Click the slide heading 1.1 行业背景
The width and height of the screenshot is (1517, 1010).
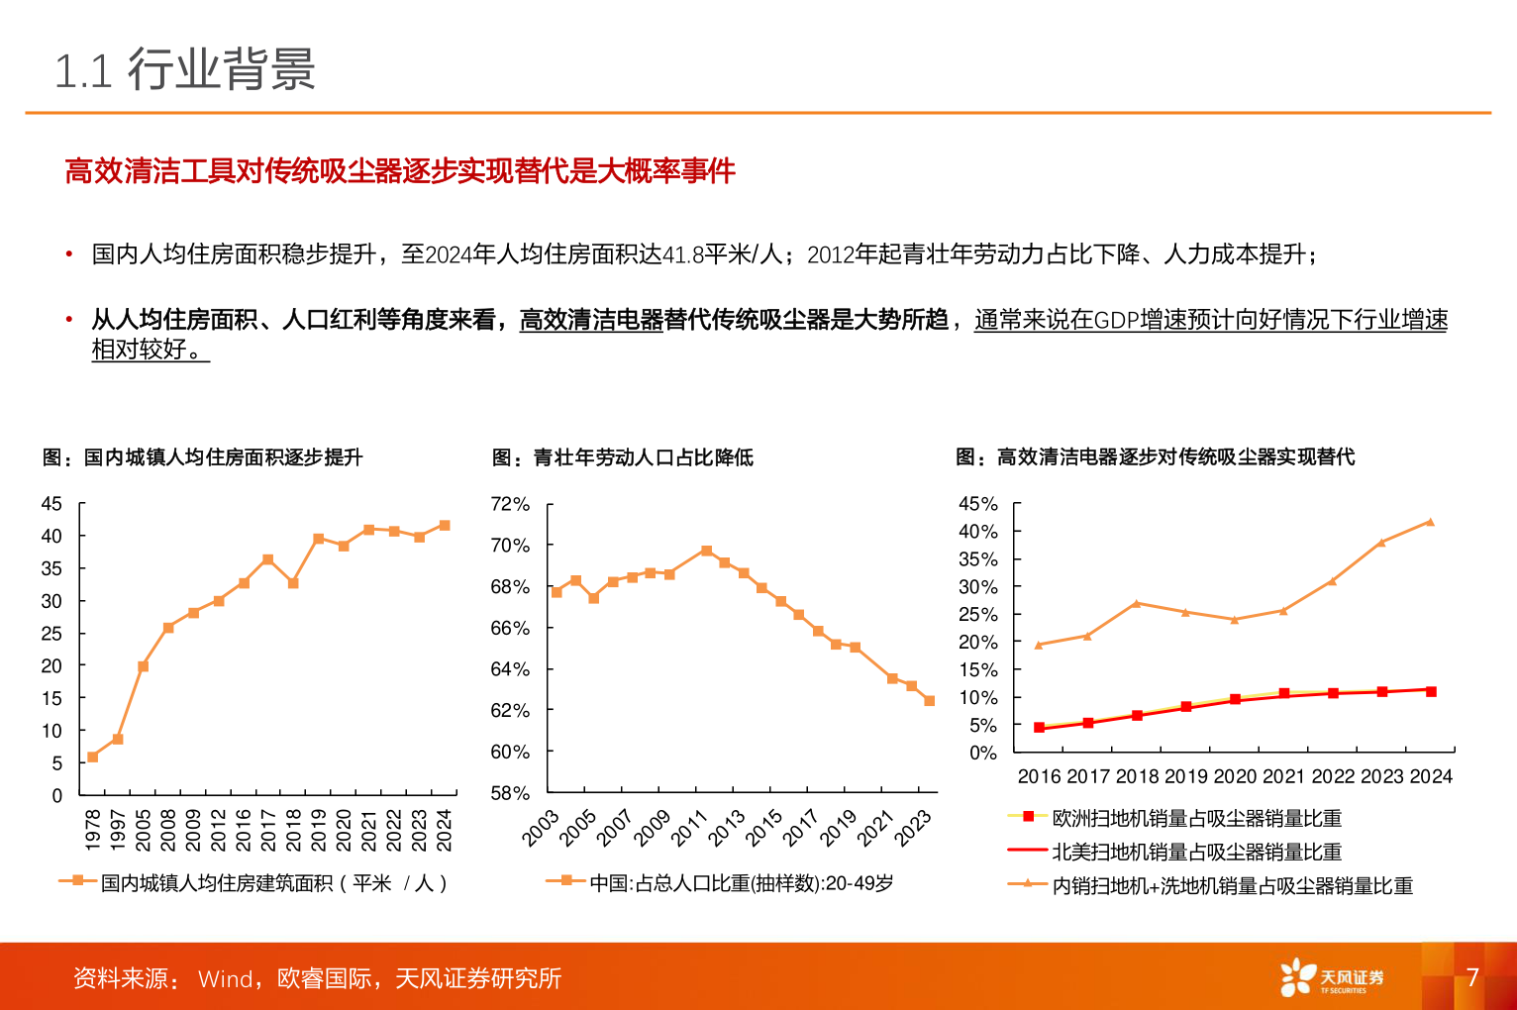[185, 70]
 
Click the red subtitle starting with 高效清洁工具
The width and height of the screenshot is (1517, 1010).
[399, 171]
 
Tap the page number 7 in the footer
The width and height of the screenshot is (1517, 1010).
[1471, 977]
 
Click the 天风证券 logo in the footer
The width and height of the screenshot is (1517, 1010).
[1332, 977]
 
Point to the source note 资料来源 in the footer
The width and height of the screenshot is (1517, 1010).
[317, 978]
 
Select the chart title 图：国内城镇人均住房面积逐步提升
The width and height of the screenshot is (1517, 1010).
[203, 457]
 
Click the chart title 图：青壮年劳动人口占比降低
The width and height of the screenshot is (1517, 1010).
[622, 457]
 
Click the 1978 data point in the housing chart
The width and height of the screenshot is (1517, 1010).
[93, 757]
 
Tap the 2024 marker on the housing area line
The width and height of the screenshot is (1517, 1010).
[445, 526]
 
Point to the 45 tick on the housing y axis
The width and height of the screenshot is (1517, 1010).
[51, 504]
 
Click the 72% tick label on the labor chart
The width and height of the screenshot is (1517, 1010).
[510, 504]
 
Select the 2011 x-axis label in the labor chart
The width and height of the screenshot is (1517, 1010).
[690, 828]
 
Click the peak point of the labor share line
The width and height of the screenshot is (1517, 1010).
[706, 551]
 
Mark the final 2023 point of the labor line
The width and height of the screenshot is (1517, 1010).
[930, 701]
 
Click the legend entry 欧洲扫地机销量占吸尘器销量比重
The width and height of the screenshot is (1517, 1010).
[1196, 818]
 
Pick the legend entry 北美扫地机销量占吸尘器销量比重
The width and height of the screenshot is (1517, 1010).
[1196, 852]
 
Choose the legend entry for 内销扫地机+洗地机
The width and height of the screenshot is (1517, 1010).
[1232, 885]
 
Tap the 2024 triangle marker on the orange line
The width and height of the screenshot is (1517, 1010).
[1430, 522]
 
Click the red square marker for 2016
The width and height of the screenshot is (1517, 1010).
[1039, 728]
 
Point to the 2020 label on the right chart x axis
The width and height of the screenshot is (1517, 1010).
[1235, 776]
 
